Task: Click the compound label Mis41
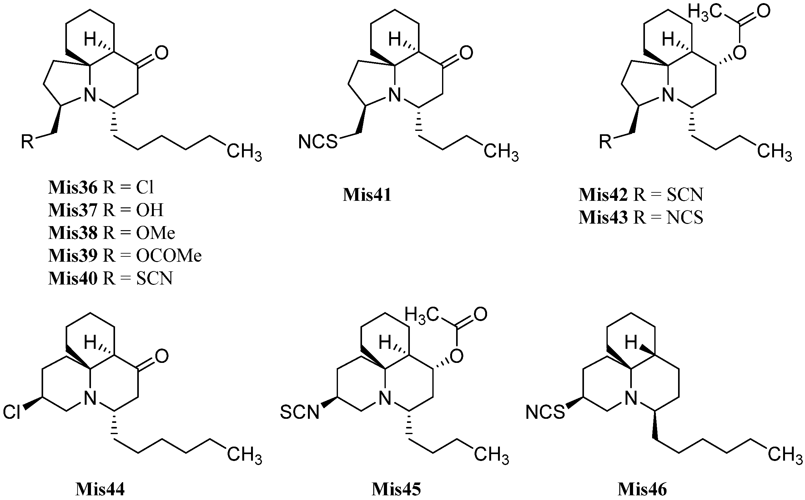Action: pyautogui.click(x=367, y=195)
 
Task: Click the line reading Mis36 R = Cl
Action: pyautogui.click(x=101, y=187)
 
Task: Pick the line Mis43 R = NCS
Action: pyautogui.click(x=641, y=217)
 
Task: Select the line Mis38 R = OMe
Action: pyautogui.click(x=112, y=233)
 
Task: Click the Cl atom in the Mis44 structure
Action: pyautogui.click(x=12, y=412)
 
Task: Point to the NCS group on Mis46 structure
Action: pyautogui.click(x=545, y=412)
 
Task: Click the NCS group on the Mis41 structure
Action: pyautogui.click(x=318, y=141)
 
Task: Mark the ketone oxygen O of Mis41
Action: pyautogui.click(x=466, y=53)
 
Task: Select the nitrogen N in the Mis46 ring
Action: pyautogui.click(x=631, y=399)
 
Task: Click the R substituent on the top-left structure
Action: pyautogui.click(x=28, y=141)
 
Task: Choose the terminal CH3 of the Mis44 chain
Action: pyautogui.click(x=244, y=454)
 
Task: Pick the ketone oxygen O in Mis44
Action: pyautogui.click(x=162, y=356)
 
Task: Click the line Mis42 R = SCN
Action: pyautogui.click(x=641, y=195)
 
